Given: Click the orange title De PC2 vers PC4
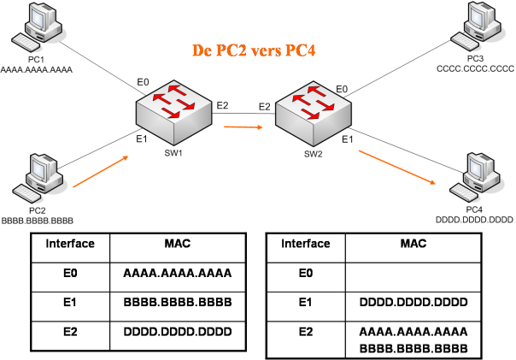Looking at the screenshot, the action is [x=254, y=50].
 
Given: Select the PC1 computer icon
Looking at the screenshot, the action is [x=37, y=27].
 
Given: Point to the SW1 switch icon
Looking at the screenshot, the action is [x=173, y=110].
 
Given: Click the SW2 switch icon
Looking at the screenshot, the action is [x=314, y=113].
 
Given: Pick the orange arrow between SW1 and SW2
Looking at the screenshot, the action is [x=243, y=127].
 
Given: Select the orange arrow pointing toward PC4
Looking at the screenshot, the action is [x=397, y=167].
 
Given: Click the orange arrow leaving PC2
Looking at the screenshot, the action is [x=100, y=172].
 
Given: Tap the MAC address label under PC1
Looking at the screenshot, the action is [x=37, y=70].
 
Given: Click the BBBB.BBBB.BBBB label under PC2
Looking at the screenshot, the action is [x=38, y=221].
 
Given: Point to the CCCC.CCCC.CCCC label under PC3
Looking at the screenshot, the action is [x=476, y=69].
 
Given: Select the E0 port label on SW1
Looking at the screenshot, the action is [x=143, y=82].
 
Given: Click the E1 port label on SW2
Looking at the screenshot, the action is [x=347, y=139].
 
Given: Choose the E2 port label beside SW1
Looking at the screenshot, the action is [x=222, y=105].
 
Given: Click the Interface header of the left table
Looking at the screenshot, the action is [x=70, y=244].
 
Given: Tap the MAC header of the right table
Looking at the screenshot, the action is [x=413, y=244].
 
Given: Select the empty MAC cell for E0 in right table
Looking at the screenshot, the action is [x=413, y=277].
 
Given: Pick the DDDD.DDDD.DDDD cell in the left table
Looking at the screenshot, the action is [x=178, y=331].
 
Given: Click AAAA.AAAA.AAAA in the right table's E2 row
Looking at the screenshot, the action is [x=413, y=331].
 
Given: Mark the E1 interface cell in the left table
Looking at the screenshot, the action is [x=70, y=302].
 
